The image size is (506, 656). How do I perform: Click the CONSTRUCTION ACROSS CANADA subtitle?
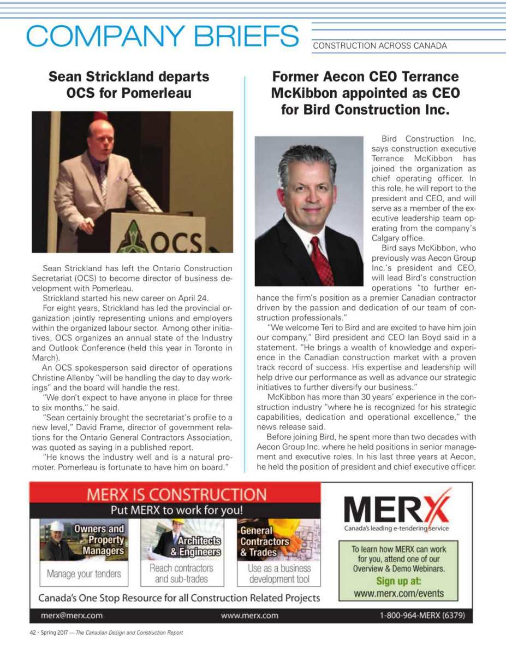coord(379,46)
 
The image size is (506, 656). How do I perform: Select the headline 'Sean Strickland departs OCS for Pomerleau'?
coord(129,85)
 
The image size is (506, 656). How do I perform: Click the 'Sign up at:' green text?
coord(398,581)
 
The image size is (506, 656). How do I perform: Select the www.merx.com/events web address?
coord(398,593)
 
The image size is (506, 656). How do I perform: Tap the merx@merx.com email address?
coord(72,615)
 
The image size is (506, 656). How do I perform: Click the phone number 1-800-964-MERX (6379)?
coord(422,615)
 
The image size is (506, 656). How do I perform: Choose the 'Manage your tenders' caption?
coord(84,574)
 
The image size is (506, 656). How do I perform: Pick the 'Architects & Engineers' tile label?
coord(195,546)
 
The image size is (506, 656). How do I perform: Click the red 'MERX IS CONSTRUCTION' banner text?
coord(176,495)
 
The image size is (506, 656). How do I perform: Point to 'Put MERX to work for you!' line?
coord(176,511)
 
